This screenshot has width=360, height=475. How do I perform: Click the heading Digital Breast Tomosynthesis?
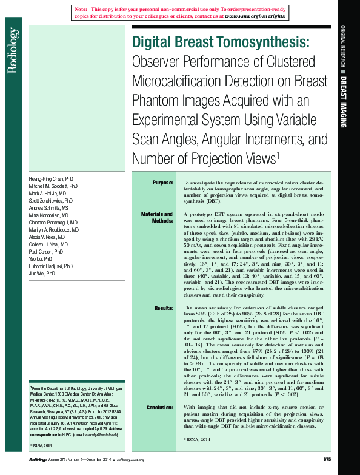point(221,42)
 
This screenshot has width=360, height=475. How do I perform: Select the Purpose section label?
point(162,182)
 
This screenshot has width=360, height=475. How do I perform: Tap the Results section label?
point(163,308)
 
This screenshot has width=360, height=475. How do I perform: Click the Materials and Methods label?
point(157,218)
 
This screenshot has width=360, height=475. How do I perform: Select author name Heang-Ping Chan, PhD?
point(52,180)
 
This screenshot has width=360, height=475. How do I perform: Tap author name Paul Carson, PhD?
point(46,251)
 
